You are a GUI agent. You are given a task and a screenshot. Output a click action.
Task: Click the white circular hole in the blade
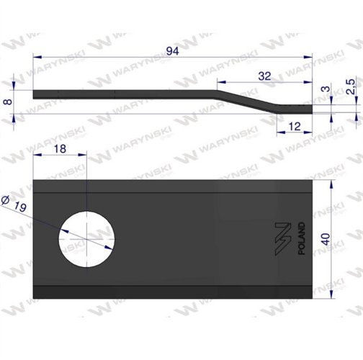click(87, 237)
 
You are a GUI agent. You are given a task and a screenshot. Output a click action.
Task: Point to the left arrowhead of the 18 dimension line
click(36, 154)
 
